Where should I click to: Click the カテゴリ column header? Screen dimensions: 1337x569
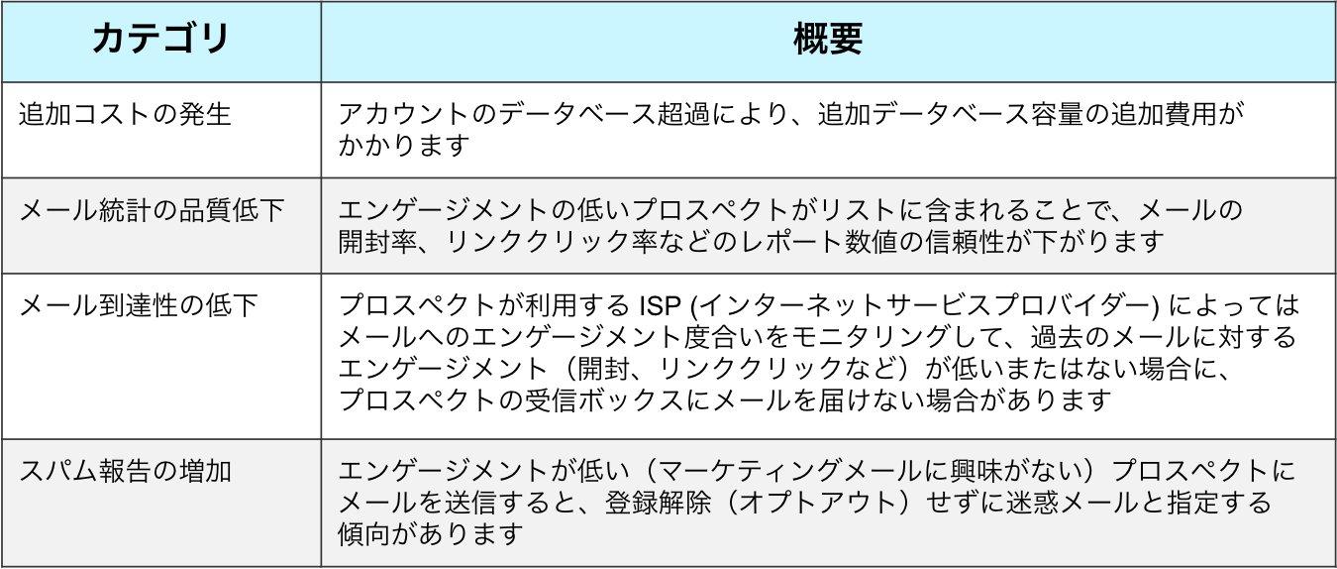pos(160,40)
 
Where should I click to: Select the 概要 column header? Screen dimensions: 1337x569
pos(827,40)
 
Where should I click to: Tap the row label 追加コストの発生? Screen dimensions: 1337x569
pos(125,114)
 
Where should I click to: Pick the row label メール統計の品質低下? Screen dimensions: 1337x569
pos(153,209)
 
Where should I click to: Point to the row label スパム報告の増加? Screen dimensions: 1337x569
pos(125,469)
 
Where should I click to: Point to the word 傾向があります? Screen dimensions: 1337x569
pos(430,534)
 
